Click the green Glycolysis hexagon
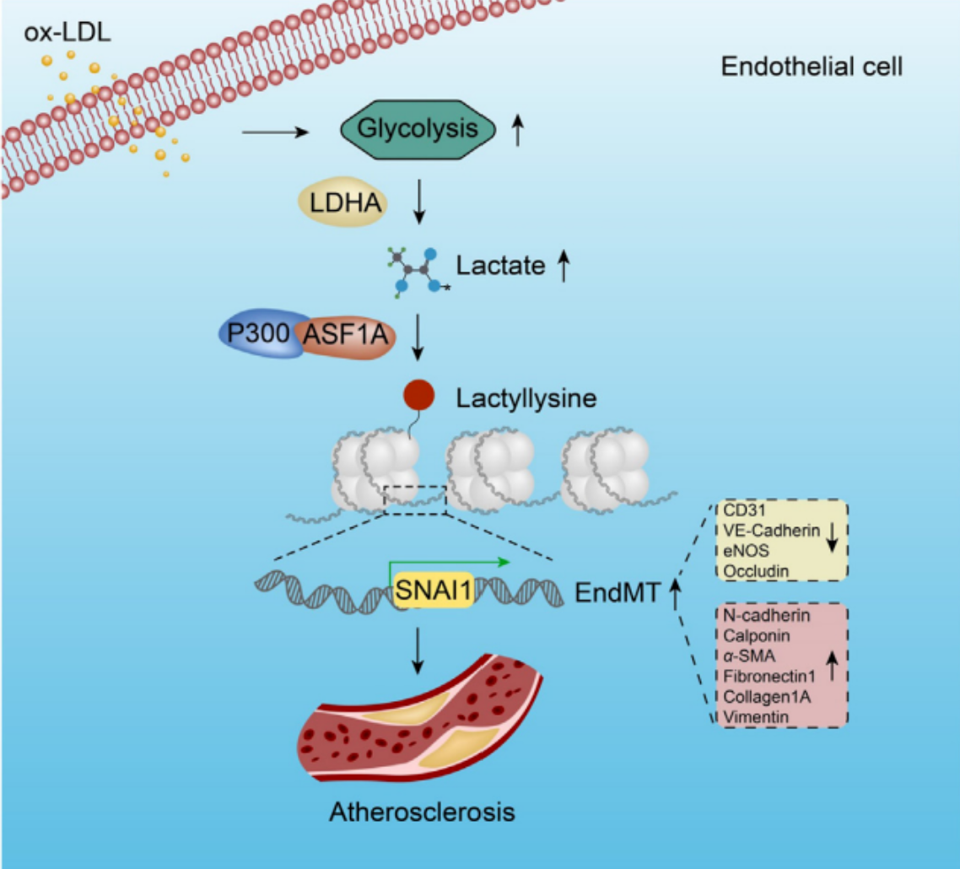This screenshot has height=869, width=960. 418,129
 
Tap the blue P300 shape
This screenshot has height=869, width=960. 260,333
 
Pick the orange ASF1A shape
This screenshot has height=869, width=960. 346,335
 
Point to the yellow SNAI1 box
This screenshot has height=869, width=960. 434,590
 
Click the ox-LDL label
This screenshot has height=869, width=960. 67,32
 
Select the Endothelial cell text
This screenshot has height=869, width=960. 812,66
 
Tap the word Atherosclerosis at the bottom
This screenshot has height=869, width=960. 422,812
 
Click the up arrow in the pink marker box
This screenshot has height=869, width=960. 832,666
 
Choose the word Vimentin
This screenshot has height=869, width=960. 756,716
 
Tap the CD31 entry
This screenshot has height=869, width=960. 744,510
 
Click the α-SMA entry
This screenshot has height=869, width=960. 749,656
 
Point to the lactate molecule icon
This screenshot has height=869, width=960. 418,272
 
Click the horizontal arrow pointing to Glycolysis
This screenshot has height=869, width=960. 276,132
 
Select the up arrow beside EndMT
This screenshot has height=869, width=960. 676,593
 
